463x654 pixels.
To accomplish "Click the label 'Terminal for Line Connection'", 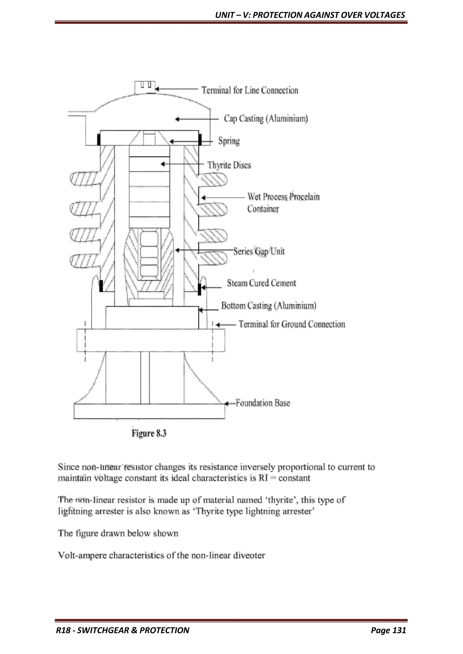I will (250, 90).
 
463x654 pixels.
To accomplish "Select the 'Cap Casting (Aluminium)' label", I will (266, 119).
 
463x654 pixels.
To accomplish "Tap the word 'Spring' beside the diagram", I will (229, 141).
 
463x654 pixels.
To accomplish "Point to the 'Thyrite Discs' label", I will (229, 165).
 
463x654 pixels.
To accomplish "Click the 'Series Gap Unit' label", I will (259, 251).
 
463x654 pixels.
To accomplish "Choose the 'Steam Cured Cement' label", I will (261, 283).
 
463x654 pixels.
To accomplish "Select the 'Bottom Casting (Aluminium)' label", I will (269, 306).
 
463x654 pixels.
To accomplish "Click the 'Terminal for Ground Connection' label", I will (292, 324).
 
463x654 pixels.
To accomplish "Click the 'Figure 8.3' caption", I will (149, 434).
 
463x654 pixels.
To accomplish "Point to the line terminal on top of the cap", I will (145, 87).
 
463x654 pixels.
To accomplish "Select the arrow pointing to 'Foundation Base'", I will (230, 404).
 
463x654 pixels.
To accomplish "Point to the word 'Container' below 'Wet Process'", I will (263, 209).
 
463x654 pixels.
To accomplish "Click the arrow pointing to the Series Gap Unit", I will (200, 250).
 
